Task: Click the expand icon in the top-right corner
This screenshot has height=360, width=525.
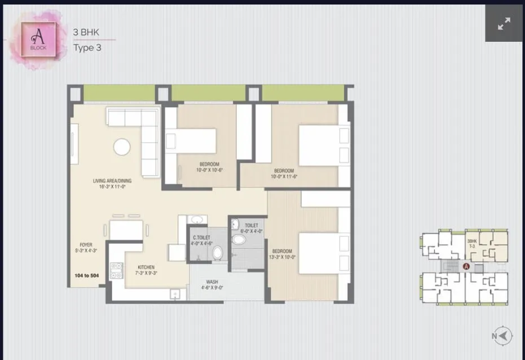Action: click(504, 23)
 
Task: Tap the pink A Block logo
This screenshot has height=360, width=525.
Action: click(38, 39)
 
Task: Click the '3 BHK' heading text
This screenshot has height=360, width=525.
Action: click(86, 32)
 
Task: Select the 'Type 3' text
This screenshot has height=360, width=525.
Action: click(87, 47)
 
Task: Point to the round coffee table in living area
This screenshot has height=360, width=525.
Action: click(122, 147)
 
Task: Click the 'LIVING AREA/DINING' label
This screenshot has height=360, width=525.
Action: click(112, 181)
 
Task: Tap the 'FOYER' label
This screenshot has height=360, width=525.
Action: click(86, 245)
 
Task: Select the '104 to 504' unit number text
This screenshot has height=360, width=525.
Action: click(86, 276)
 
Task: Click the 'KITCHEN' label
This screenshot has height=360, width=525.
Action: click(145, 267)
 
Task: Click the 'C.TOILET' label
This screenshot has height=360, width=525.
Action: click(201, 238)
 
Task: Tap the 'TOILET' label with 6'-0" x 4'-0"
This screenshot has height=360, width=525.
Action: click(251, 225)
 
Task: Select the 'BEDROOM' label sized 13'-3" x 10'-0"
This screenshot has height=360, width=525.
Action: click(283, 251)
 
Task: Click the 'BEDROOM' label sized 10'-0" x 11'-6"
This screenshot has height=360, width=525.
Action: click(284, 171)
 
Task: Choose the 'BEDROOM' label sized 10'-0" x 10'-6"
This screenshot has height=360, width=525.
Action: click(209, 164)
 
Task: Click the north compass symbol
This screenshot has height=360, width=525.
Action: click(504, 336)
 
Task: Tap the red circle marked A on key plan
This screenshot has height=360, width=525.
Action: click(466, 267)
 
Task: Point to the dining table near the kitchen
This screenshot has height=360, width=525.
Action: click(126, 230)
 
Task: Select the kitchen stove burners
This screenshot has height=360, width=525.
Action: click(117, 270)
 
